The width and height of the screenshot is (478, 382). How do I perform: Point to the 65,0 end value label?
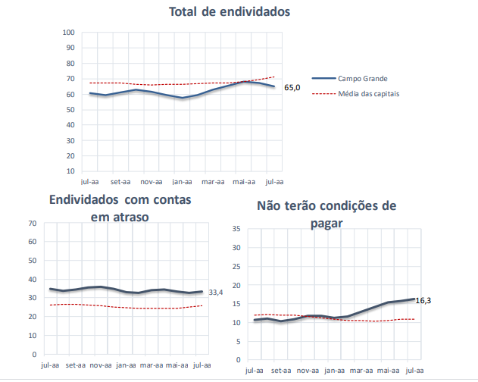coord(292,88)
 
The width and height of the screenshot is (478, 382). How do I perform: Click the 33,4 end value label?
coord(216,293)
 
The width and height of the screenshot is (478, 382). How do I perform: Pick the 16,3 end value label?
coord(423,300)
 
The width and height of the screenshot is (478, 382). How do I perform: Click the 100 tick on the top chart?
coord(68,33)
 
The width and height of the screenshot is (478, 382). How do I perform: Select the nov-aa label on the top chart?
coord(152,182)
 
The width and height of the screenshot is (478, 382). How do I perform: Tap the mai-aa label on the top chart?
coord(243,182)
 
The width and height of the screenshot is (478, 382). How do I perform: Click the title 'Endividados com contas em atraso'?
coord(120,208)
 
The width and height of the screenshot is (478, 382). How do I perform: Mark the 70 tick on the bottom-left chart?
coord(32,224)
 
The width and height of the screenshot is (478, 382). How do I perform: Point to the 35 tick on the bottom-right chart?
coord(236,229)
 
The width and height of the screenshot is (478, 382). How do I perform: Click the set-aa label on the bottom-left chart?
coord(76,365)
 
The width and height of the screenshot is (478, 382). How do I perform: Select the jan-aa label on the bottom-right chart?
coord(334,371)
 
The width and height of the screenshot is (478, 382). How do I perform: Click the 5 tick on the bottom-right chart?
coord(238,341)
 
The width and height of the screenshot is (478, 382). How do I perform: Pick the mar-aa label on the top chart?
coord(213,182)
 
